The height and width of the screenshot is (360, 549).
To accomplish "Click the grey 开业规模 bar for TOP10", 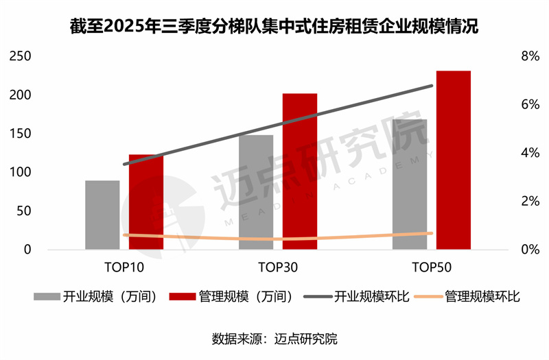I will [102, 215].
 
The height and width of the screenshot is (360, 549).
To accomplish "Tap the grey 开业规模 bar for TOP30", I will [256, 192].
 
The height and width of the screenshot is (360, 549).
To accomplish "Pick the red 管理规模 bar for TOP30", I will [300, 171].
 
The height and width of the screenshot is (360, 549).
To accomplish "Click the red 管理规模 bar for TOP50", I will [454, 160].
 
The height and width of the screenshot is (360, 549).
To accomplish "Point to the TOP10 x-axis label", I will [124, 265].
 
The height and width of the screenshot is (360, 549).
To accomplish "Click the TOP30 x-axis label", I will [278, 265].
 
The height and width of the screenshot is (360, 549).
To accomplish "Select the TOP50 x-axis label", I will [432, 265].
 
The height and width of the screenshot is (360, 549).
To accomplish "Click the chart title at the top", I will [274, 27].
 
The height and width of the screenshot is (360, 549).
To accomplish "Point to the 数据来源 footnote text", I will [274, 339].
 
